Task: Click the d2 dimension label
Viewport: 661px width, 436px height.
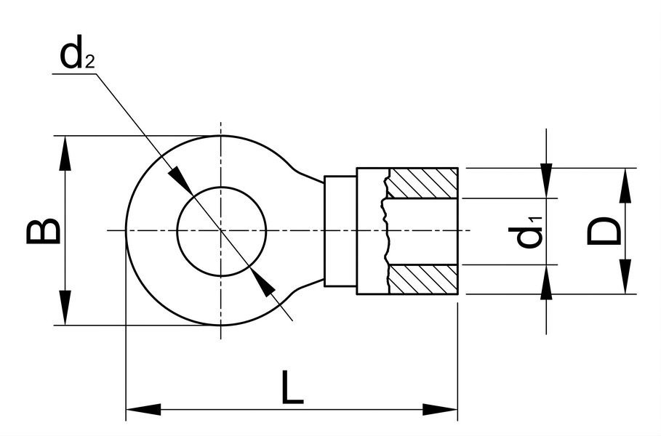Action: [77, 56]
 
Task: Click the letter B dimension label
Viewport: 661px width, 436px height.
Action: [43, 231]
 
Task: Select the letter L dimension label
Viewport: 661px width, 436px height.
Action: [292, 387]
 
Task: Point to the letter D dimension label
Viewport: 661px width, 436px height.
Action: [604, 231]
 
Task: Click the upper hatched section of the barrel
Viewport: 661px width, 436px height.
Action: [422, 183]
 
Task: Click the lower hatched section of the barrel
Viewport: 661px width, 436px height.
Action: [422, 279]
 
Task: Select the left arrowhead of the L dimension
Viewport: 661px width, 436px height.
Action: [143, 409]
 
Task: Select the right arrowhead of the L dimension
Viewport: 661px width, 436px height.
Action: [440, 409]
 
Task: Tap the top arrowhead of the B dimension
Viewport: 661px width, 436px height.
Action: [65, 153]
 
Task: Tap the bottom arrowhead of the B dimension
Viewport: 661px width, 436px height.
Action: [65, 308]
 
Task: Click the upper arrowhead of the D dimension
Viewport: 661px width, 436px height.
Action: [626, 185]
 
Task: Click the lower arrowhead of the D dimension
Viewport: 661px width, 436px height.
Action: [626, 277]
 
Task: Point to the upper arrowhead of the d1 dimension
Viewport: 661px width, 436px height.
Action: [546, 181]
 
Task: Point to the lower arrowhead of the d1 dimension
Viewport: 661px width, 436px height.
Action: [546, 282]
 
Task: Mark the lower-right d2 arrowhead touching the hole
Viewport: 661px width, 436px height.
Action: [263, 281]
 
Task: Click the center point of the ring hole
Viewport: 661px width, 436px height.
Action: [221, 231]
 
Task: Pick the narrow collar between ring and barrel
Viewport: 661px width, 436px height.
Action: [340, 231]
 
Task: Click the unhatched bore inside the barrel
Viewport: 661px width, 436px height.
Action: [422, 231]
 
